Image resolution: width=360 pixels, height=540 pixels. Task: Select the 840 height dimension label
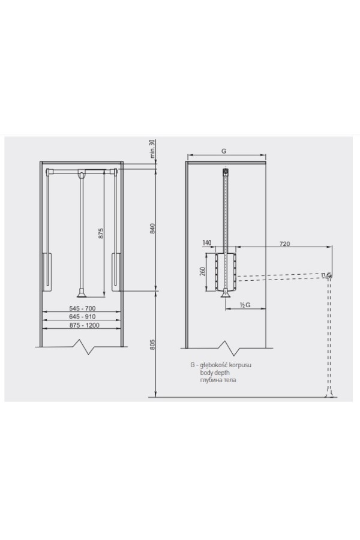pos(153,229)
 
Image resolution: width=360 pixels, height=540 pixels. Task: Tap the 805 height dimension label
pos(153,345)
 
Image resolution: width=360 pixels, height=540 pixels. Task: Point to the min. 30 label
pos(153,149)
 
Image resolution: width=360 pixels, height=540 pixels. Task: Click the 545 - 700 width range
pos(82,308)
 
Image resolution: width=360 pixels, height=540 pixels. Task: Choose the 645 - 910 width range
pos(82,316)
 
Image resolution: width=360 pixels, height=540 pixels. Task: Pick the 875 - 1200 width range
pos(82,325)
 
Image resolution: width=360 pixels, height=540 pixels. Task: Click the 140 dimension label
pos(206,243)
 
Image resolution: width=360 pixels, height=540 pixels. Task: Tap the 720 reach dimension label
pos(284,244)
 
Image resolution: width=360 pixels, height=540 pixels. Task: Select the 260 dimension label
pos(203,272)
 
